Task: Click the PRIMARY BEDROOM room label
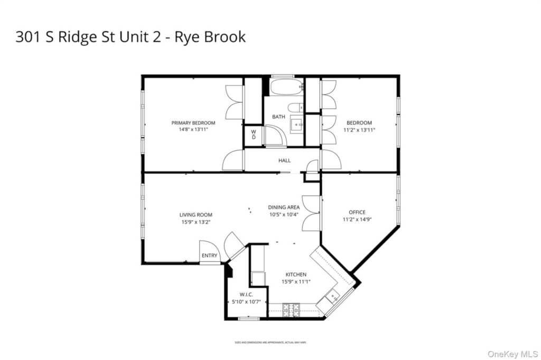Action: click(x=193, y=123)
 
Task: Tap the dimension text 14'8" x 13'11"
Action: click(x=193, y=129)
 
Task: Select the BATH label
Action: click(x=278, y=117)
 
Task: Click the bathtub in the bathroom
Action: click(x=286, y=87)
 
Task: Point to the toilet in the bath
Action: click(x=296, y=107)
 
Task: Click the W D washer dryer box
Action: click(x=253, y=135)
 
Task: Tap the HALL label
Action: click(x=284, y=160)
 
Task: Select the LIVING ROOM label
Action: click(x=195, y=215)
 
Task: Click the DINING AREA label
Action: click(x=284, y=207)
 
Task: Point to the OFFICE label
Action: click(x=357, y=213)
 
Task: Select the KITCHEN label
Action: click(x=296, y=274)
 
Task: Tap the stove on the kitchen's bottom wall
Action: click(x=291, y=310)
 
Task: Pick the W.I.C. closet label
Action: click(x=246, y=295)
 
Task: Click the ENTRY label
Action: click(x=209, y=256)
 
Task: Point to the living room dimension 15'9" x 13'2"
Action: click(x=195, y=222)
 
